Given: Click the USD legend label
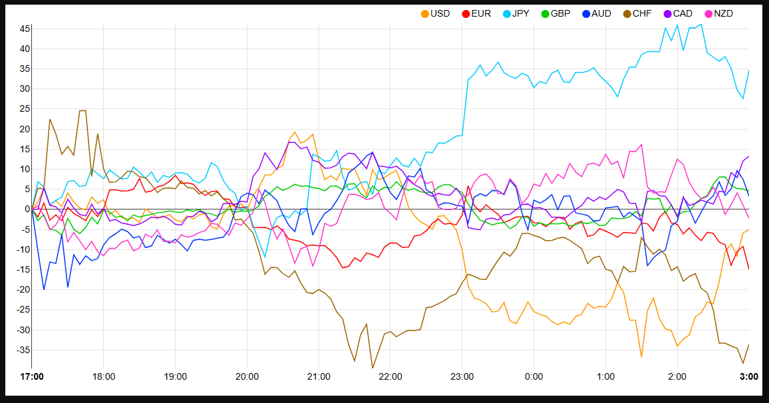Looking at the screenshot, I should coord(440,13).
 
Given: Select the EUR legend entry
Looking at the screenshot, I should coord(481,13).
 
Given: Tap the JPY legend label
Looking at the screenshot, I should coord(522,13).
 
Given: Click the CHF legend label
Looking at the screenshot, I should coord(642,13).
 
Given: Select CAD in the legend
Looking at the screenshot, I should coord(683,13).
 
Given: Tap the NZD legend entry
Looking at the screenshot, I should coord(723,13).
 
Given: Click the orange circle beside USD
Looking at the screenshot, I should coord(425,13).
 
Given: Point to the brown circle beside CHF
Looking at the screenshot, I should coord(627,13).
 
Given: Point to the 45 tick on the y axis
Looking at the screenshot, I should coord(25,29).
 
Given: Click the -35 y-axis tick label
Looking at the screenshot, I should coord(22,350).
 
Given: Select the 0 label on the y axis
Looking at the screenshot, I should coord(27,209).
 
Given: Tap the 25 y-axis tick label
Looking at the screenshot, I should coord(25,109).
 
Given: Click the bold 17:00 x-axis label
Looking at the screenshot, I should coord(32,376).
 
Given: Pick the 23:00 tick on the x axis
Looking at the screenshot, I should coord(462,376).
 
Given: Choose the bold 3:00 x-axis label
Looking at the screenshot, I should coord(749,376).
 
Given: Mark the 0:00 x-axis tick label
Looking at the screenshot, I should coord(534,376).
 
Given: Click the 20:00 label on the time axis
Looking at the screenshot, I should coord(247,376).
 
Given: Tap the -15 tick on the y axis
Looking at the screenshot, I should coord(22,269).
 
